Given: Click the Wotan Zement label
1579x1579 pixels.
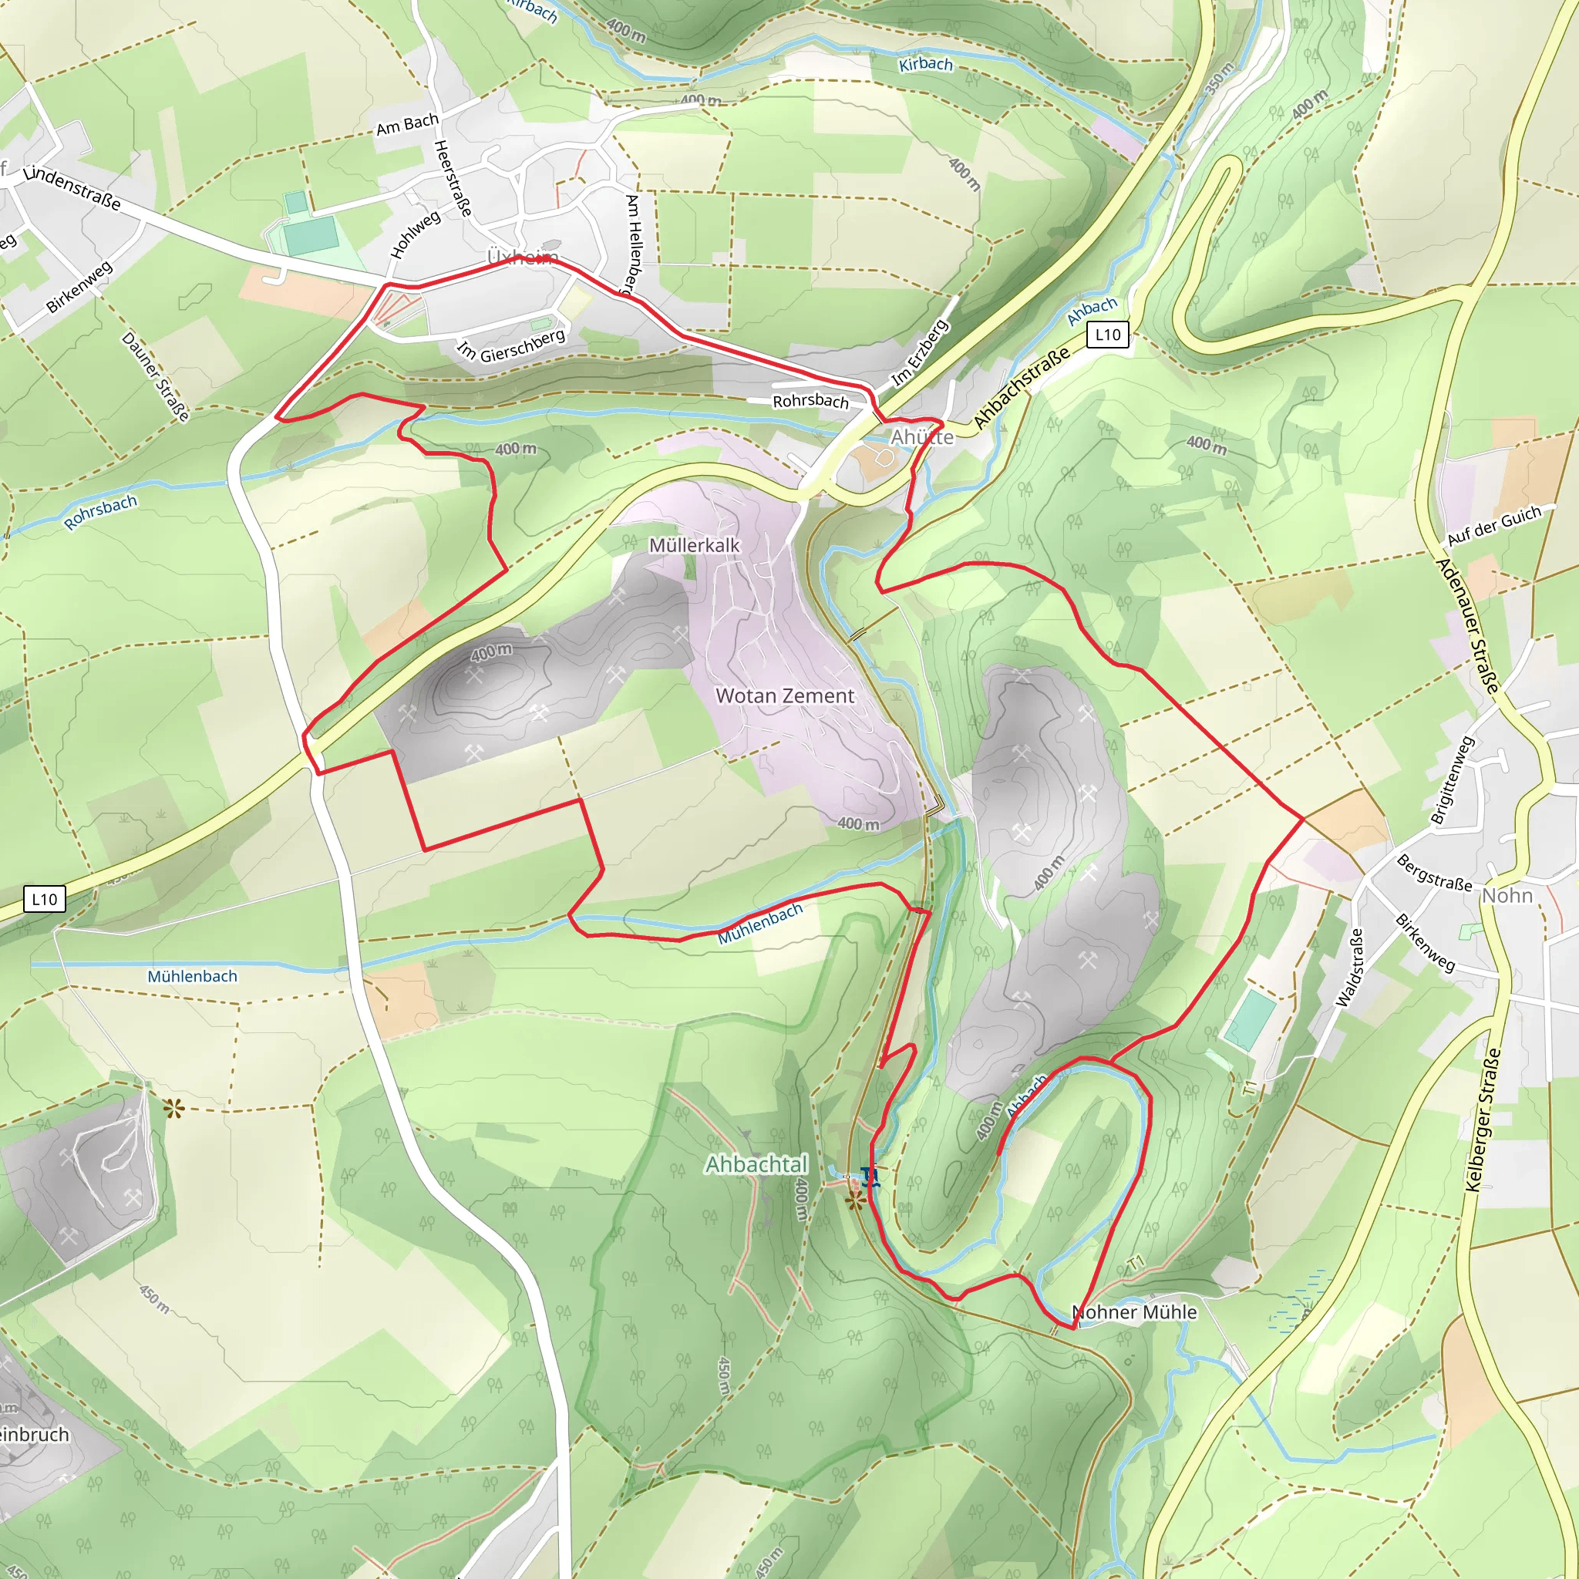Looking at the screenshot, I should [x=785, y=695].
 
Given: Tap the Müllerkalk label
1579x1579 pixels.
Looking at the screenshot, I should [x=694, y=545].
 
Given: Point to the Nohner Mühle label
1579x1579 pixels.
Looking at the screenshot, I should [x=1134, y=1311].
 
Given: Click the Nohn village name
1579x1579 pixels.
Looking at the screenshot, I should [x=1507, y=895].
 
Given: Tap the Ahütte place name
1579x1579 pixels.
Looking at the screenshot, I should [x=922, y=437].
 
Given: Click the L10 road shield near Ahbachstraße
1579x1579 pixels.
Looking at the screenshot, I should [x=1107, y=335].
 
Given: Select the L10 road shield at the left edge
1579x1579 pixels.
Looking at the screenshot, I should [x=44, y=900].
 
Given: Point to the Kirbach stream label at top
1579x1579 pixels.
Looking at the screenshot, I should [x=925, y=64].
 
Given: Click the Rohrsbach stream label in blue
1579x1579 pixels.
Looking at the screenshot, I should [x=100, y=513].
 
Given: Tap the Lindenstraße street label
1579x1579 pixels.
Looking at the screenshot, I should [x=72, y=188].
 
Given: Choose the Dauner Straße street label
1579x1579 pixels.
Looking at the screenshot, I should [x=155, y=376].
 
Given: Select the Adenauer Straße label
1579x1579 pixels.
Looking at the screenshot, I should [x=1467, y=625].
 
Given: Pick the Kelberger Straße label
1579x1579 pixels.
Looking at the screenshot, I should [x=1483, y=1119].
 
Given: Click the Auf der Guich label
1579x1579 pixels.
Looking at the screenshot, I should [x=1494, y=526].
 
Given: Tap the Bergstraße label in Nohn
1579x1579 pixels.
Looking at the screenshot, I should [x=1433, y=873].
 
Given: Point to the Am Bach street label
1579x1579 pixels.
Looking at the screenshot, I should [x=407, y=124].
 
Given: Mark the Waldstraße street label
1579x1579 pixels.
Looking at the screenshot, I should [x=1348, y=967].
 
